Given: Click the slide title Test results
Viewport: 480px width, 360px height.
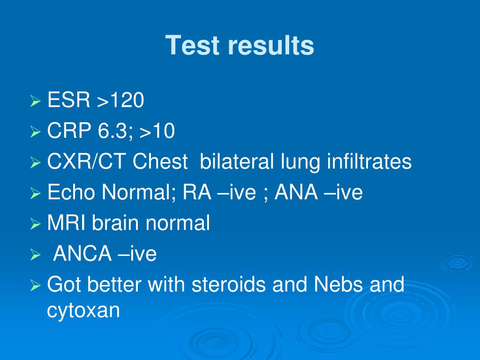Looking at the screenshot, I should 240,46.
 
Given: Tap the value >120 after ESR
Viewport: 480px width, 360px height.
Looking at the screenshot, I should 120,101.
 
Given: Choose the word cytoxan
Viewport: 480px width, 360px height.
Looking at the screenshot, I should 83,310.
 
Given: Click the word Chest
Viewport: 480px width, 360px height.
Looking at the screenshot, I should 159,162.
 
